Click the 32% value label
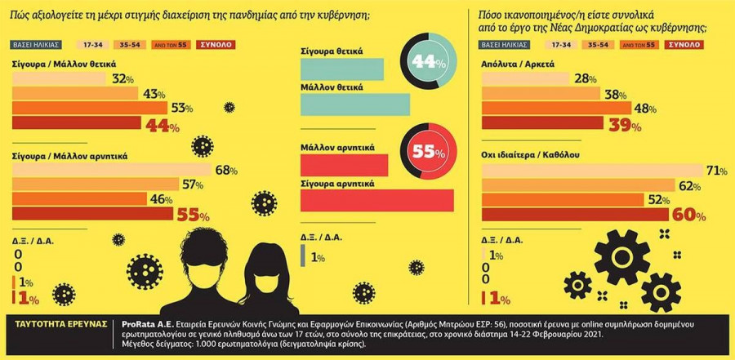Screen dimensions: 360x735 point(122,79)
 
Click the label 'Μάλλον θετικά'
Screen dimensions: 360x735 point(332,87)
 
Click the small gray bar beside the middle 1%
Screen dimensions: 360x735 point(304,256)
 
